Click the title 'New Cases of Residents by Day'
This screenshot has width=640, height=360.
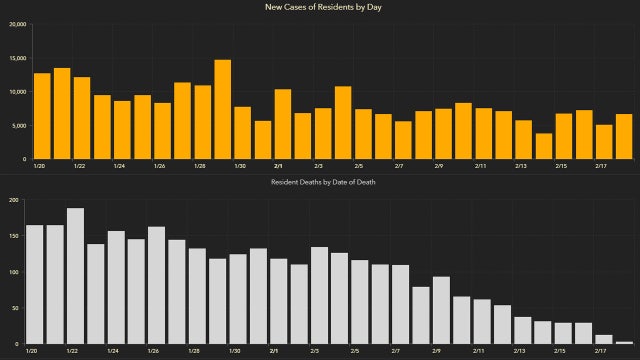pyautogui.click(x=319, y=8)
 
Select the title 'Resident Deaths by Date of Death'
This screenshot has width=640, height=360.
pyautogui.click(x=319, y=183)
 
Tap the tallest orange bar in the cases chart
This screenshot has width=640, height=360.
pyautogui.click(x=222, y=110)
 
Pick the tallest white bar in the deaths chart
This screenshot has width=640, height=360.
pyautogui.click(x=75, y=276)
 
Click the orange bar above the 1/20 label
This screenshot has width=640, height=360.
pyautogui.click(x=41, y=116)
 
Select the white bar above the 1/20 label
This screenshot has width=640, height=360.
pyautogui.click(x=34, y=284)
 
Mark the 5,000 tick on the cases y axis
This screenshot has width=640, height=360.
pyautogui.click(x=19, y=126)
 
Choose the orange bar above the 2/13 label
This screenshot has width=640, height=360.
pyautogui.click(x=523, y=140)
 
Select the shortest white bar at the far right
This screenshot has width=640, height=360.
pyautogui.click(x=625, y=342)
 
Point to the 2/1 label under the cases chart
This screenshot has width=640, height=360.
pyautogui.click(x=277, y=166)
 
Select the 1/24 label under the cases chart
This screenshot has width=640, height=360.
pyautogui.click(x=119, y=166)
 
